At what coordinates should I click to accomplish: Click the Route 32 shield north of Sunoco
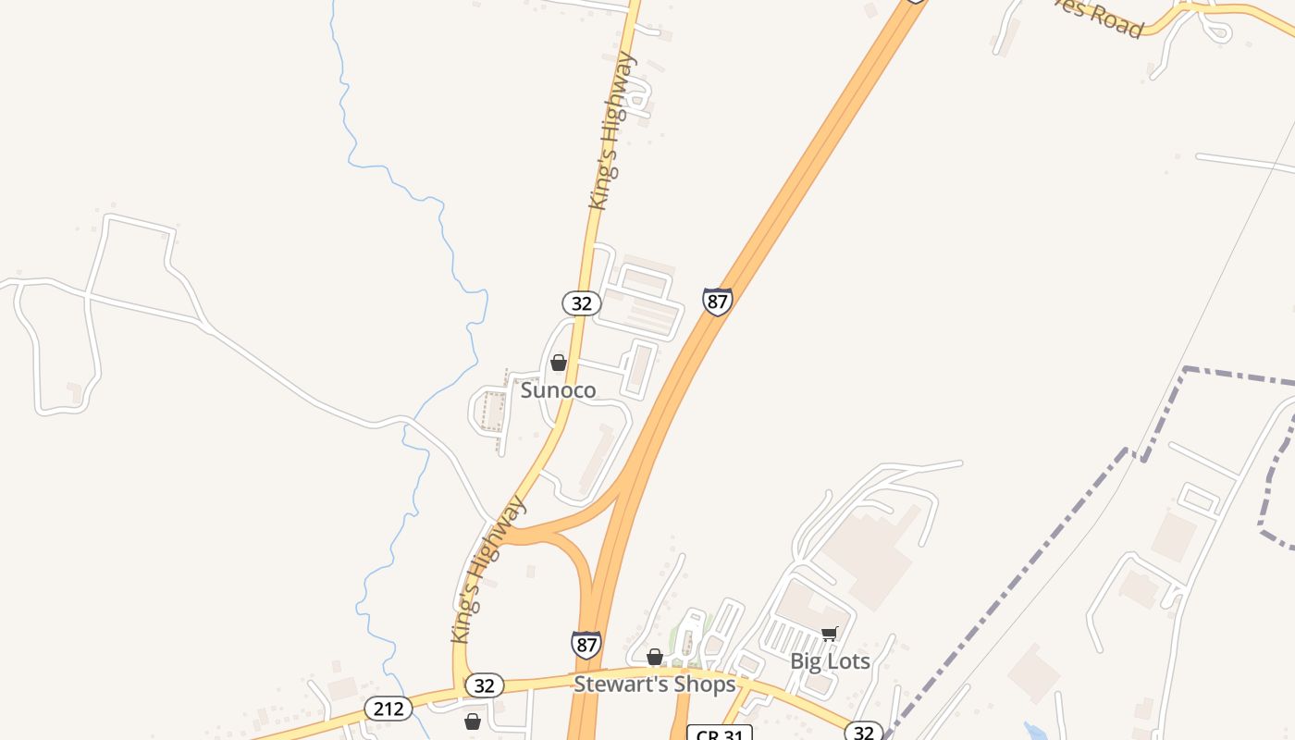pyautogui.click(x=582, y=303)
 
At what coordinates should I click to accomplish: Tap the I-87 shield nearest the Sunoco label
pyautogui.click(x=717, y=302)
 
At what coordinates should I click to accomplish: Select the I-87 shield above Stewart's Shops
pyautogui.click(x=586, y=644)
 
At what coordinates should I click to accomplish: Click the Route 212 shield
pyautogui.click(x=388, y=709)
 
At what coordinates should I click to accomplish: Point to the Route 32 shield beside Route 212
pyautogui.click(x=484, y=685)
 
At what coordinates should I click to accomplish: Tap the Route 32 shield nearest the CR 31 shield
pyautogui.click(x=864, y=733)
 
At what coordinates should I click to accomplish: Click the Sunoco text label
pyautogui.click(x=558, y=390)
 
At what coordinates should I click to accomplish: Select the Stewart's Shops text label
pyautogui.click(x=654, y=684)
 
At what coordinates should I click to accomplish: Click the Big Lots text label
pyautogui.click(x=830, y=661)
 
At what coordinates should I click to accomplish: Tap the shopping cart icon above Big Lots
pyautogui.click(x=830, y=634)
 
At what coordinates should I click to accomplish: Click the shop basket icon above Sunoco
pyautogui.click(x=559, y=363)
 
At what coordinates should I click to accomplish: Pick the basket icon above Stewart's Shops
pyautogui.click(x=655, y=658)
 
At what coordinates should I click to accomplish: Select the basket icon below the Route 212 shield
pyautogui.click(x=473, y=721)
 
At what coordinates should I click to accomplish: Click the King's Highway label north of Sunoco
pyautogui.click(x=612, y=130)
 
